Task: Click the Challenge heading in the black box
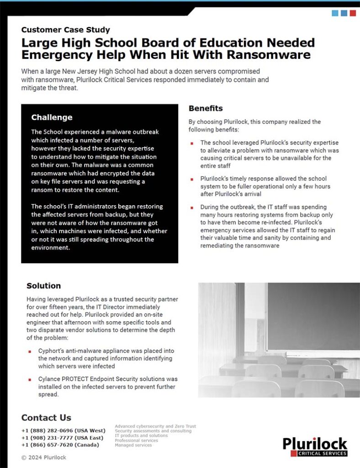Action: tap(52, 117)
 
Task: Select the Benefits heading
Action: tap(206, 108)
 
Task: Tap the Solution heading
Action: tap(43, 286)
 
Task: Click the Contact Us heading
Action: tap(46, 417)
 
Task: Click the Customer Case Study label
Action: tap(65, 30)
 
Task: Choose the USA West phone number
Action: tap(63, 431)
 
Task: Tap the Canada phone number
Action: tap(60, 445)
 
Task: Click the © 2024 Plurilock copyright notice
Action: tap(43, 457)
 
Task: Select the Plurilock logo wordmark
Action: tap(315, 443)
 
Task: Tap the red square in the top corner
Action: tap(353, 13)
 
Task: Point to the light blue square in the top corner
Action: tap(335, 13)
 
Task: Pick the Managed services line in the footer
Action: tap(133, 445)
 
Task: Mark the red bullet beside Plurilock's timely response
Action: tap(192, 179)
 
